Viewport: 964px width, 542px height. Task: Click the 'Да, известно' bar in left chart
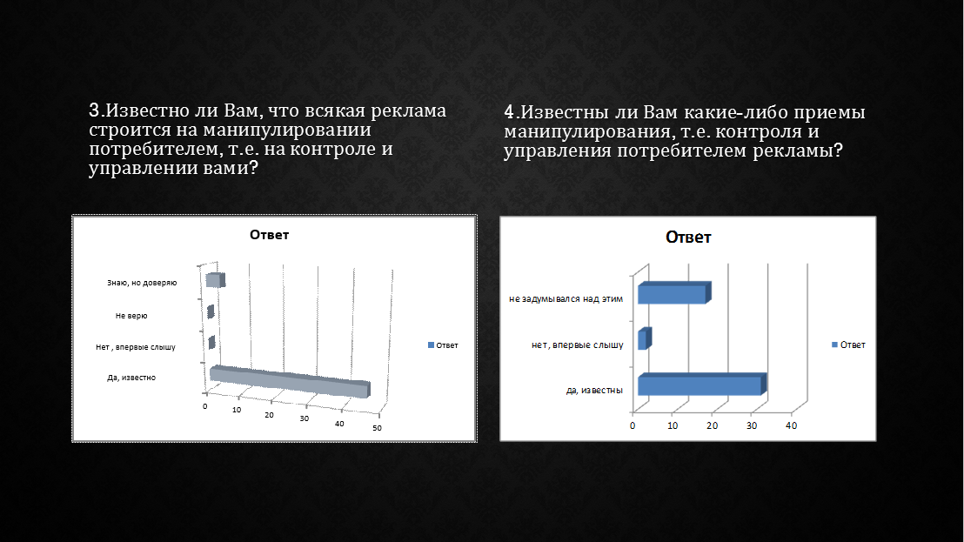290,382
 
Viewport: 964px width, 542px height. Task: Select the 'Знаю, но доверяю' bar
215,280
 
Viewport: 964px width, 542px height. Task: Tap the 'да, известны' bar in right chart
702,384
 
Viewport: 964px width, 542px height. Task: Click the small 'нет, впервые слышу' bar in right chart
645,338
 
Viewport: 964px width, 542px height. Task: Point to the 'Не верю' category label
131,316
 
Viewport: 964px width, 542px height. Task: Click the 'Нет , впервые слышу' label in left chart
135,347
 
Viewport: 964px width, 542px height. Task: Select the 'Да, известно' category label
131,378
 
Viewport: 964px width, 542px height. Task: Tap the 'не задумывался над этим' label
566,299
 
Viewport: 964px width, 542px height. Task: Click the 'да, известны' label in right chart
594,391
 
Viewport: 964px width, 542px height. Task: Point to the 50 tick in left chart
377,428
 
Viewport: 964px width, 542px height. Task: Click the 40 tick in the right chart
791,426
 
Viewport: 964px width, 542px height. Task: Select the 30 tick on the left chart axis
305,418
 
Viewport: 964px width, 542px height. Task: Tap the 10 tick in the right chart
673,426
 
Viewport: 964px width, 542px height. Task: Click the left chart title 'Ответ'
270,235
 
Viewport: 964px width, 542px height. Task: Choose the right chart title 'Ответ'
688,238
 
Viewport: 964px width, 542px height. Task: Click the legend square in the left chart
431,345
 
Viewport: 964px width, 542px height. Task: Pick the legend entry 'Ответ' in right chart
848,345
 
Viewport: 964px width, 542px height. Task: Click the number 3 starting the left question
94,110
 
